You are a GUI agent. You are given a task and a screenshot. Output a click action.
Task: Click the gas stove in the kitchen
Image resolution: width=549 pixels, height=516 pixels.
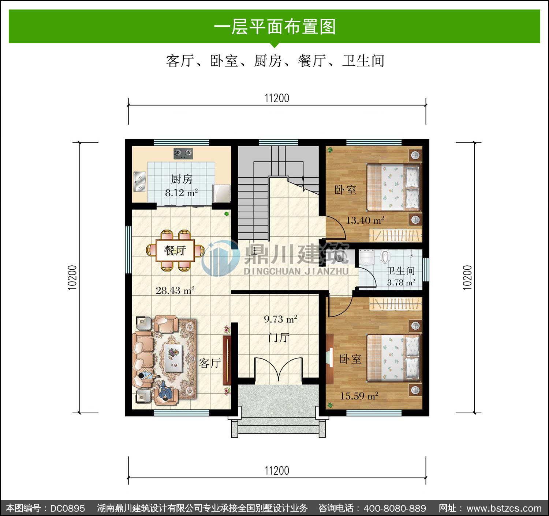[183, 153]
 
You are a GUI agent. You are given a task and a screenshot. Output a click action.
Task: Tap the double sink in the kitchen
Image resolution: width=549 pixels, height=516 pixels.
[139, 181]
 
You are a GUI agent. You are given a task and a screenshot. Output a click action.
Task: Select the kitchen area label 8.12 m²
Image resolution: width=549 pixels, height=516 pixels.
[181, 193]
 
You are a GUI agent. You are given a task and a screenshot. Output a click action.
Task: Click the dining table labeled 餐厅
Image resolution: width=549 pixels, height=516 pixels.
[175, 250]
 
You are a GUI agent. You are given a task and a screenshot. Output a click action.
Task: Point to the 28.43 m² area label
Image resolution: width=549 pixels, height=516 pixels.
[175, 290]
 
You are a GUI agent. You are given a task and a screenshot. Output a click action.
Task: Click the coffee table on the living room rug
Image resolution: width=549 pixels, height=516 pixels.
[173, 358]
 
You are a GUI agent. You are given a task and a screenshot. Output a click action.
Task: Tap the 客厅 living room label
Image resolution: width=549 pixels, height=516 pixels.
[210, 363]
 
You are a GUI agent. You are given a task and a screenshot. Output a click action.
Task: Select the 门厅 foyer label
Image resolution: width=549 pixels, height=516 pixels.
[279, 337]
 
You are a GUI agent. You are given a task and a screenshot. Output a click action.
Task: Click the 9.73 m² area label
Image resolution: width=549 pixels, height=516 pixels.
[280, 319]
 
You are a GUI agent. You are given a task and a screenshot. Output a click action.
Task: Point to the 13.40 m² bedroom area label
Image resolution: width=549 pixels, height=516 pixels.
[365, 220]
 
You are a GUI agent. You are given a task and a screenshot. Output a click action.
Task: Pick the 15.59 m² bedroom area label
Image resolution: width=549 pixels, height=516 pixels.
[359, 396]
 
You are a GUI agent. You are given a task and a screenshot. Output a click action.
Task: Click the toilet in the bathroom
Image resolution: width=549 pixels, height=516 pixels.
[385, 256]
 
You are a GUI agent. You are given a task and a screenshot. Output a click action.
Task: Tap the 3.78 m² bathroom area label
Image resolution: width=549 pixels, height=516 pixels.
[401, 282]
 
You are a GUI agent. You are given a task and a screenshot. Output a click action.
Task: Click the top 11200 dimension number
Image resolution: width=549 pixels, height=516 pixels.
[277, 98]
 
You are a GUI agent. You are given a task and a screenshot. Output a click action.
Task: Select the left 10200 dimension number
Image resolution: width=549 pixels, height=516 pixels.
[72, 277]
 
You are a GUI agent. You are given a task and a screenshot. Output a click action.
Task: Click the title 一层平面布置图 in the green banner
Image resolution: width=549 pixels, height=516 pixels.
[275, 27]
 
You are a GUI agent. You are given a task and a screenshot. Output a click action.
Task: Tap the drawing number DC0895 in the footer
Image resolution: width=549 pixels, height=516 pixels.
[67, 508]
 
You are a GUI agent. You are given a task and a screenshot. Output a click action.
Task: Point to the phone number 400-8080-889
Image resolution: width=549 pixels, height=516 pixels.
[395, 508]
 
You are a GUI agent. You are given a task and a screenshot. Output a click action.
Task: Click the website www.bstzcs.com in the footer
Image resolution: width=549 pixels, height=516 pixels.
[504, 508]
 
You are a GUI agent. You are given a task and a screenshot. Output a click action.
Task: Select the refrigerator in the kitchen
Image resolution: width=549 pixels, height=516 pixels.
[221, 194]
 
